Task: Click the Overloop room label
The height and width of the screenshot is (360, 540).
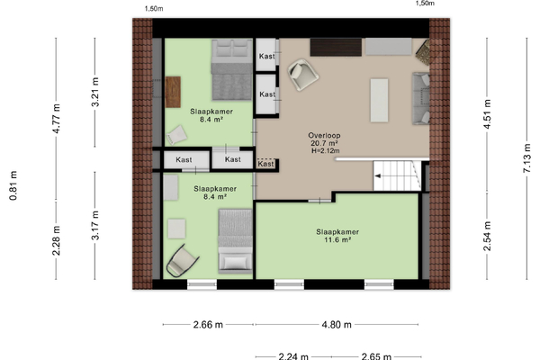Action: coord(324,135)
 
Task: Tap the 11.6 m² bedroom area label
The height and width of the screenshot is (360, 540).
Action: coord(337,239)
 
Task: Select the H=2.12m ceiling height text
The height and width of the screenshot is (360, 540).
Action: coord(326,151)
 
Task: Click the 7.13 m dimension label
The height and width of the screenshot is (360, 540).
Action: coord(526,158)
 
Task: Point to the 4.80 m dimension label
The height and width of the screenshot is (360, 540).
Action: coord(337,325)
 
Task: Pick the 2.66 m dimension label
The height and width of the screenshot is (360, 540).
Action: coord(208,325)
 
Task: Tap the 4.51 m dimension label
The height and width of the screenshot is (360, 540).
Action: coord(487,114)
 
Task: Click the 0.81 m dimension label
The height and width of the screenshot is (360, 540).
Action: coord(13,185)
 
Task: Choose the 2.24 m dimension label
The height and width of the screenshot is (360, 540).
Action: coord(293,356)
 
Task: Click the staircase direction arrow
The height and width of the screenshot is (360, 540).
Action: coord(378,176)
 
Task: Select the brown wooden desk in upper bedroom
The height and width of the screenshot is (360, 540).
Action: coord(173,92)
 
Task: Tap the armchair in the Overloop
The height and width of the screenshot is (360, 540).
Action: coord(303,75)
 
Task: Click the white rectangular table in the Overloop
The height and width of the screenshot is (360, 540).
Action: coord(379,100)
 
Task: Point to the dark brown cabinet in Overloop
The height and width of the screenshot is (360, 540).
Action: coord(336,47)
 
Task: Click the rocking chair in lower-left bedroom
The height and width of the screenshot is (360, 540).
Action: coord(183,261)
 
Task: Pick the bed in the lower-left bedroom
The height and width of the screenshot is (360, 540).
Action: coord(235,241)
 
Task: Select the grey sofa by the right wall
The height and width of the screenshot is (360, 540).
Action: coord(421,98)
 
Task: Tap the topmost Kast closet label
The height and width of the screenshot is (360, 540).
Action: coord(267,56)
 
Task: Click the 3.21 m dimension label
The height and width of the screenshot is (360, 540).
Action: coord(95,92)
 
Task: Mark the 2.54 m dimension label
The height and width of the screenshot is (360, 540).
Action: coord(487,236)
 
